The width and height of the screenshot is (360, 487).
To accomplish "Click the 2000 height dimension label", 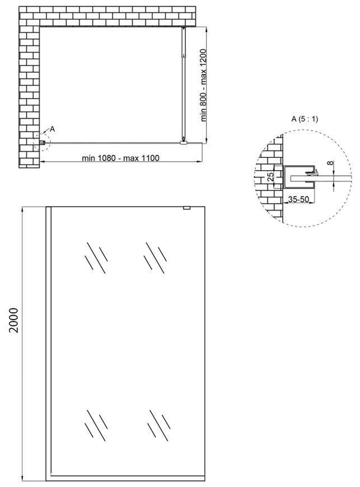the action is (x=14, y=320).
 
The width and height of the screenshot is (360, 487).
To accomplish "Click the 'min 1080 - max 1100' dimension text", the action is (x=120, y=158).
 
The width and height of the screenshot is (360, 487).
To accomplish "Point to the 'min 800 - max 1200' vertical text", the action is (x=203, y=85).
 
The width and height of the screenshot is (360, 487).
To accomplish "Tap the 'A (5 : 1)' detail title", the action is (x=305, y=119).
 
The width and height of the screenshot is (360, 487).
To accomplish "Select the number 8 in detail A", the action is (x=331, y=162).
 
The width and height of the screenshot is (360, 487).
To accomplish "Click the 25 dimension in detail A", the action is (x=271, y=177).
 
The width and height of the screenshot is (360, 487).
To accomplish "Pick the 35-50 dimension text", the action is (x=298, y=199).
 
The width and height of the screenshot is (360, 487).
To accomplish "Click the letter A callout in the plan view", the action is (x=52, y=129).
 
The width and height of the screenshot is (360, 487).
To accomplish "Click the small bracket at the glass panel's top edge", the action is (x=186, y=208).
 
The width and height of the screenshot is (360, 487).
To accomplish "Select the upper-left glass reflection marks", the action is (x=96, y=258).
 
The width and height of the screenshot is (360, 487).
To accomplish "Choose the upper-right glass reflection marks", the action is (x=155, y=258).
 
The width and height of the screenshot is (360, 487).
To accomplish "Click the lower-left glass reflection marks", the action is (x=96, y=425).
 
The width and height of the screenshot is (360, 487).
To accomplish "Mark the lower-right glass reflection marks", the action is (x=158, y=425).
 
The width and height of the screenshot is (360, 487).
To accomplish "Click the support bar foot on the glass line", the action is (x=184, y=143).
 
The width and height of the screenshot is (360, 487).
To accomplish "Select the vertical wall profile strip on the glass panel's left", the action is (x=49, y=344).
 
